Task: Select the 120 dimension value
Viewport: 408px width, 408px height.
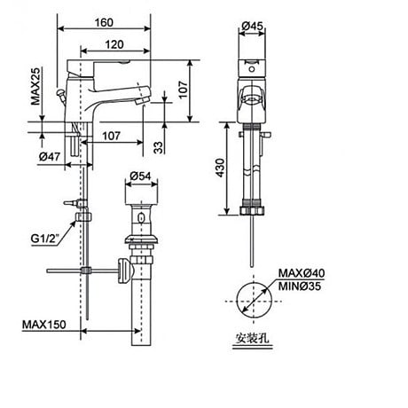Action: click(112, 43)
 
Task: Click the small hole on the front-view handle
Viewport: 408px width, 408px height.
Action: click(255, 67)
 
